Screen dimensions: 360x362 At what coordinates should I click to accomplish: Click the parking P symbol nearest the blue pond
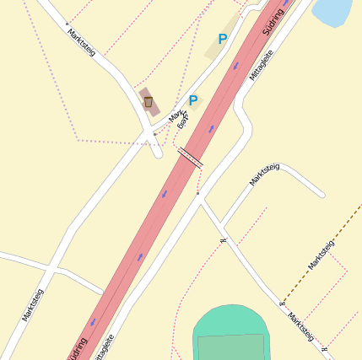[x=223, y=39]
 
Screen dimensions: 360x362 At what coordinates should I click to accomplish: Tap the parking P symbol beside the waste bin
[x=193, y=100]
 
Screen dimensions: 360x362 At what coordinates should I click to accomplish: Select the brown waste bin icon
[x=149, y=102]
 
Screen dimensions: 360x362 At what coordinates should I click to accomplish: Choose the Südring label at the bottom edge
[x=77, y=347]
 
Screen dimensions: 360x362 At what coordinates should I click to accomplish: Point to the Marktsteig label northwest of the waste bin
[x=81, y=41]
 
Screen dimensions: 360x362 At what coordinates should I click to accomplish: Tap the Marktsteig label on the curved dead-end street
[x=264, y=174]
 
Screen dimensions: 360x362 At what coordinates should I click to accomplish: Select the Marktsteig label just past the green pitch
[x=301, y=327]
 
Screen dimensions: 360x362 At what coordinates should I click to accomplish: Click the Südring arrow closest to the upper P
[x=235, y=64]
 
